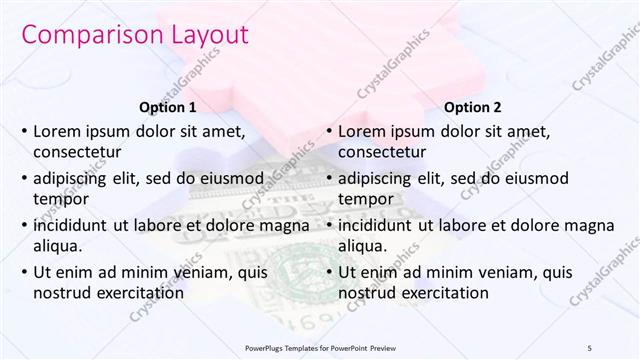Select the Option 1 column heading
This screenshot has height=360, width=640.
(x=166, y=107)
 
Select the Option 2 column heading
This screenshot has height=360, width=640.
(x=473, y=107)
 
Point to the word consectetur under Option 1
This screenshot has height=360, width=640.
(x=77, y=152)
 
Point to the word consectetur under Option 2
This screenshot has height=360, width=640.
(x=382, y=152)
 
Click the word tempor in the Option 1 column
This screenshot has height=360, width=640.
(x=60, y=199)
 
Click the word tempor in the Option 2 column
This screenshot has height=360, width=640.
(x=365, y=199)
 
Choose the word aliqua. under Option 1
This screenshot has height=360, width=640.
(x=58, y=246)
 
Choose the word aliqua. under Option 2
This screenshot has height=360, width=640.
(x=363, y=246)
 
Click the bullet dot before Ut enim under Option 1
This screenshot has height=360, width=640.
(x=23, y=272)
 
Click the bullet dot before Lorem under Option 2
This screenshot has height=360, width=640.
(x=328, y=131)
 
